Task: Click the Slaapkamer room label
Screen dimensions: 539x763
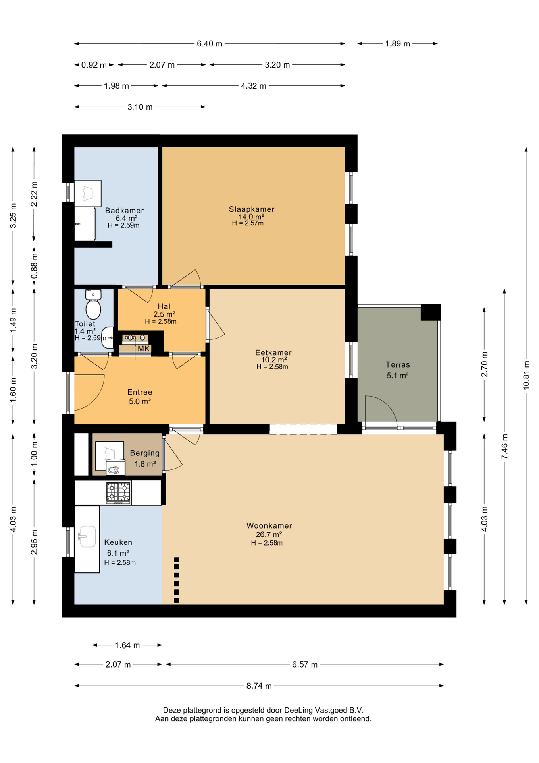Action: tap(252, 209)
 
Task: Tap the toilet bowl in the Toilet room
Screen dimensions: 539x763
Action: tap(93, 309)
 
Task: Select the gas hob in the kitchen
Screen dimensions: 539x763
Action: tap(118, 493)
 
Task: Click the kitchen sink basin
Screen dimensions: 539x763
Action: tap(87, 536)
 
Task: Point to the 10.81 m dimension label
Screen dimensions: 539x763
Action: tap(526, 375)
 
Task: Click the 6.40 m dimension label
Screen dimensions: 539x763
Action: tap(210, 44)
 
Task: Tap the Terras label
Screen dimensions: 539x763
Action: tap(398, 365)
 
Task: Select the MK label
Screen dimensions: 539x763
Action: tap(144, 349)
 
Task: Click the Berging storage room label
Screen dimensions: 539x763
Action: tap(145, 453)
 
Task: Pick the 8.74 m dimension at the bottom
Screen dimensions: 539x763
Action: tap(259, 686)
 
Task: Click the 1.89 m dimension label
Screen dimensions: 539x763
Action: tap(398, 44)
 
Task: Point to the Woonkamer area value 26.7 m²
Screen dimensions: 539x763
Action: tap(269, 534)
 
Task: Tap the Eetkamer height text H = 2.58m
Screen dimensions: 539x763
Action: tap(272, 367)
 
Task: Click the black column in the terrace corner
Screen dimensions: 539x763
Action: tap(431, 312)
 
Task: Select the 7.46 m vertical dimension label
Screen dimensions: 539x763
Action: tap(504, 447)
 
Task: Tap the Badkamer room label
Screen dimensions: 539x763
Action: tap(124, 211)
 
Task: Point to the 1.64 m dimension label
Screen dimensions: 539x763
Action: tap(127, 645)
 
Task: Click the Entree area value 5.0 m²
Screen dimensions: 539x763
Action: tap(140, 401)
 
